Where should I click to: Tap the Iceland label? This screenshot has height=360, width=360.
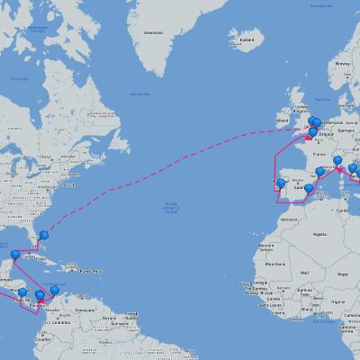(247, 40)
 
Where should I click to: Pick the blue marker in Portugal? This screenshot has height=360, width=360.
(281, 184)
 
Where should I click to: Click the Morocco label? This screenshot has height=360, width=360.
(287, 220)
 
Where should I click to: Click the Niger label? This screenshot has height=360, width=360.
(343, 273)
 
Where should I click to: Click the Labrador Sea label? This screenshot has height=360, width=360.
(139, 94)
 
